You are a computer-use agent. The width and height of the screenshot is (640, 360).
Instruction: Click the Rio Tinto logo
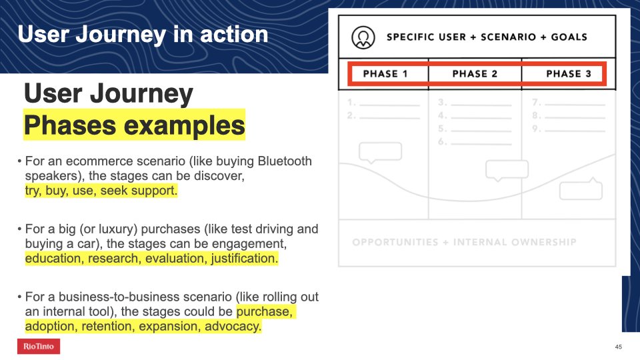coord(39,346)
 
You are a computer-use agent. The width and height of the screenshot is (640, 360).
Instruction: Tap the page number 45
coord(619,347)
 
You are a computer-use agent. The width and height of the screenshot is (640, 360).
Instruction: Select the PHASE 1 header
coord(385,74)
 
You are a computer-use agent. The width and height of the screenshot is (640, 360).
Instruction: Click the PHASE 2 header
coord(475,74)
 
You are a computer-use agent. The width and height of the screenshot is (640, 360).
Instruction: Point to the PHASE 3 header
coord(569,74)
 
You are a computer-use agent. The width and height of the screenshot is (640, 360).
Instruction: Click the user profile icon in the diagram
coord(363,37)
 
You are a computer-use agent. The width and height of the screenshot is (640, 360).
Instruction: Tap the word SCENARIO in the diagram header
coord(508,37)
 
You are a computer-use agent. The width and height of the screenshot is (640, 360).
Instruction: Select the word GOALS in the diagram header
coord(569,37)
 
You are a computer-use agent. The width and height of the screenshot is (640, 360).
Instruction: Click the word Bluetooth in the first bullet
coord(285,161)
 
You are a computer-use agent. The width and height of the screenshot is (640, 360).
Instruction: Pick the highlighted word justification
coord(245,259)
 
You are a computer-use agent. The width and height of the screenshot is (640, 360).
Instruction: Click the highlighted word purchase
coord(265,312)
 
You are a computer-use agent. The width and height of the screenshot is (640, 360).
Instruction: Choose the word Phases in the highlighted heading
coord(70,125)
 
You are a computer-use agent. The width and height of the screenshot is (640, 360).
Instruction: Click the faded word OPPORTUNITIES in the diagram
coord(395,243)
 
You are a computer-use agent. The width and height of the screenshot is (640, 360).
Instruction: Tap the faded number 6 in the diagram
coord(441,141)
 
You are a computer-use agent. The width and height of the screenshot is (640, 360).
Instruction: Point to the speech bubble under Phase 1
coord(380,153)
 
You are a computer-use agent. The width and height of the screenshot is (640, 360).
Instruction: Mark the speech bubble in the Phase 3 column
coord(581,189)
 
